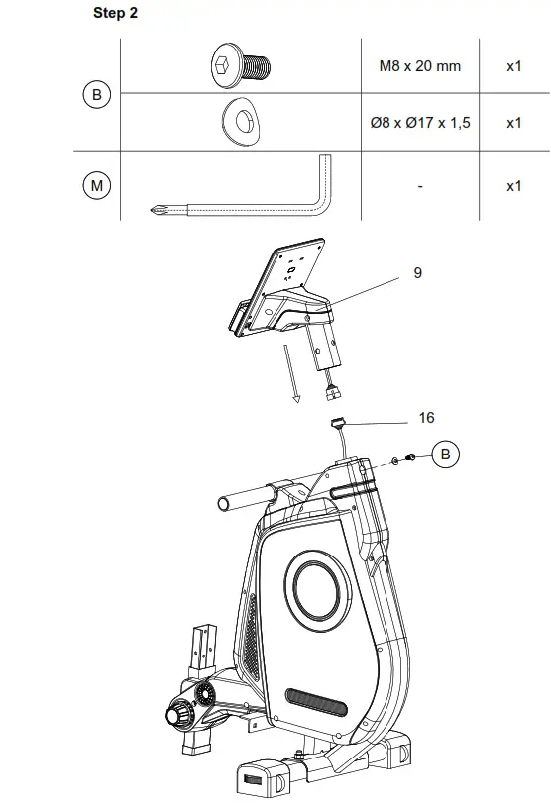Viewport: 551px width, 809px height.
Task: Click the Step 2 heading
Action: pyautogui.click(x=115, y=13)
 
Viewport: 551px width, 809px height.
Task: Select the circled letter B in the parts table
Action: pyautogui.click(x=97, y=95)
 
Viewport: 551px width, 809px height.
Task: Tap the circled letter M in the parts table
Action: pyautogui.click(x=97, y=185)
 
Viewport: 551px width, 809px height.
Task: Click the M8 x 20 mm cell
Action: pyautogui.click(x=419, y=66)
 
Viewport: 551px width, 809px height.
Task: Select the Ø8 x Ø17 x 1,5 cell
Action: pyautogui.click(x=419, y=123)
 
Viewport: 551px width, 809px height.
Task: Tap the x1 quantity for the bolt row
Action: pyautogui.click(x=513, y=66)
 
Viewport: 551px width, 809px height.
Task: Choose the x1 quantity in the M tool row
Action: pyautogui.click(x=513, y=185)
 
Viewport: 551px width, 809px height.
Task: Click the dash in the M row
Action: pyautogui.click(x=420, y=186)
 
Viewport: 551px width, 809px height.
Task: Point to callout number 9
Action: pyautogui.click(x=417, y=272)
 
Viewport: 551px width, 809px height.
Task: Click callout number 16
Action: pyautogui.click(x=426, y=418)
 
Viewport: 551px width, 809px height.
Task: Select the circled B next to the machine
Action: pyautogui.click(x=445, y=455)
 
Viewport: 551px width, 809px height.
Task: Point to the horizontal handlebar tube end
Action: pyautogui.click(x=225, y=503)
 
